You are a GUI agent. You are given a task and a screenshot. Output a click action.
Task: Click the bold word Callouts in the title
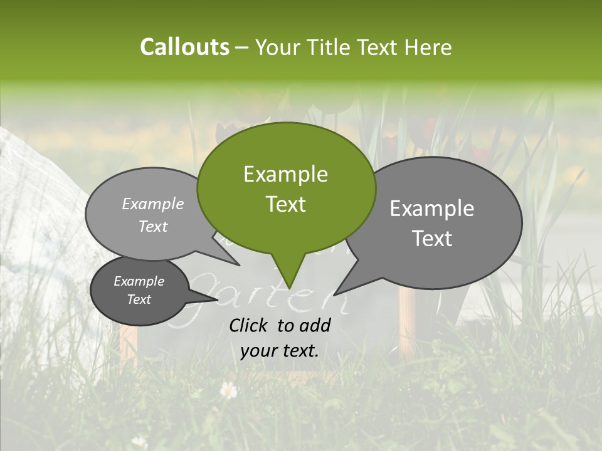pyautogui.click(x=184, y=47)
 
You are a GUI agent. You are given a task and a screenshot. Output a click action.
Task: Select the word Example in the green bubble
pyautogui.click(x=285, y=174)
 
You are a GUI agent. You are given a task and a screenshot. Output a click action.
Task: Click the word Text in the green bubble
pyautogui.click(x=285, y=204)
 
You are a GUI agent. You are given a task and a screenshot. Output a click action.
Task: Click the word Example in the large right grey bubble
pyautogui.click(x=432, y=209)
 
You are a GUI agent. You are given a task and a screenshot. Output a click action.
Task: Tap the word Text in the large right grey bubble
pyautogui.click(x=432, y=239)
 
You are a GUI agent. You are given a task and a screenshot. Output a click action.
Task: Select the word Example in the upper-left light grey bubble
pyautogui.click(x=153, y=204)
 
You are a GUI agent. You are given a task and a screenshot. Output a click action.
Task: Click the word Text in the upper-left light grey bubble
pyautogui.click(x=153, y=226)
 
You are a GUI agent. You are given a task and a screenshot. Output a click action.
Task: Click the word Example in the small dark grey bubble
pyautogui.click(x=139, y=281)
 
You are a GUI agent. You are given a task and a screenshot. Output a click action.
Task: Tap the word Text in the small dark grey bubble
pyautogui.click(x=139, y=299)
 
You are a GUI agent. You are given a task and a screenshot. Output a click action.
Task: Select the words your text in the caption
pyautogui.click(x=279, y=351)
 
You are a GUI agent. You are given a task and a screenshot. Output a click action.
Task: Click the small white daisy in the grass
pyautogui.click(x=229, y=390)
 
